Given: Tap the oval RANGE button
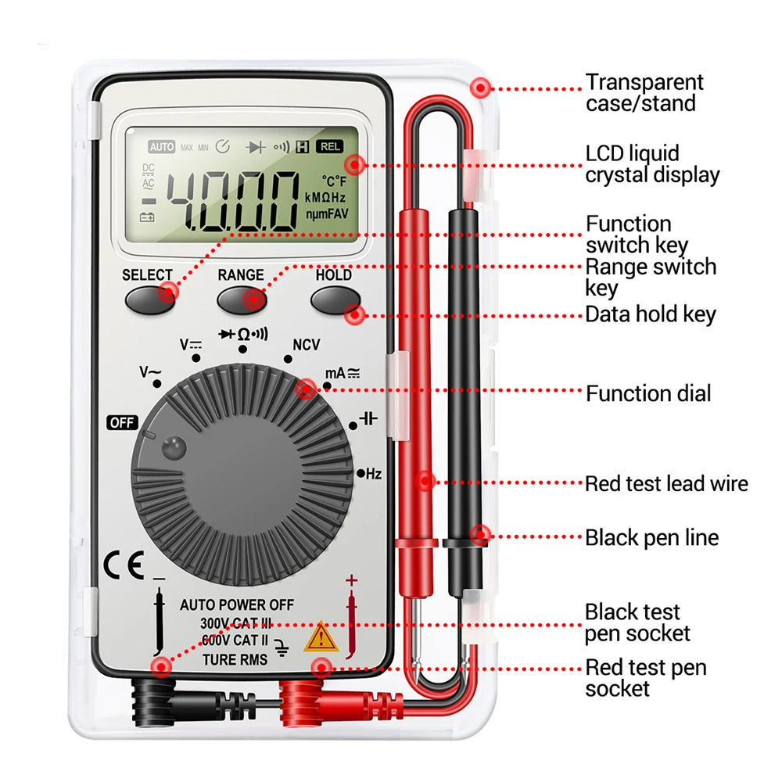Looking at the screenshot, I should tap(241, 299).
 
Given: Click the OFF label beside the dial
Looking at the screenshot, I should tap(123, 423).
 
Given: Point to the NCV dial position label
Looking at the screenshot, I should tap(306, 345).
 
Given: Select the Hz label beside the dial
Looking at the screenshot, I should tap(373, 473).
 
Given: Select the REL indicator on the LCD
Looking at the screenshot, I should tap(330, 146).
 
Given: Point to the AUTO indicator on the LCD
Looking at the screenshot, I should tap(162, 147).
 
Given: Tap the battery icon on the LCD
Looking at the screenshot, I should tap(147, 217).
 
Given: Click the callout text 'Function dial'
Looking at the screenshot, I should tap(648, 393).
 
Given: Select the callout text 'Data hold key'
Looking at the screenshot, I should tap(651, 314).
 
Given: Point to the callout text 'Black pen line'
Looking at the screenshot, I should tap(651, 537).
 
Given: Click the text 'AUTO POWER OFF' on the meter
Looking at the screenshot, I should tap(237, 604).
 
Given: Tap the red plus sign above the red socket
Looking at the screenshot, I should tap(351, 580).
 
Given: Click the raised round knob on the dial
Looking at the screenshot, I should tap(173, 448).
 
